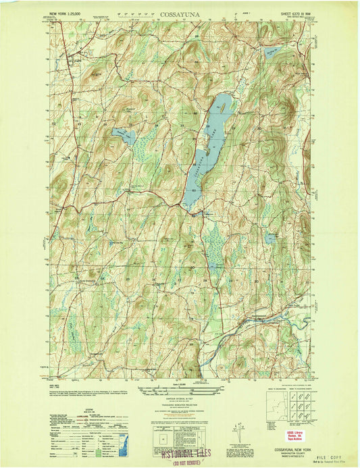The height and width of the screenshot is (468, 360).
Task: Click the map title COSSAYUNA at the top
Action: point(179,13)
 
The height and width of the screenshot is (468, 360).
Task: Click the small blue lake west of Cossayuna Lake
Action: point(124,135)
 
